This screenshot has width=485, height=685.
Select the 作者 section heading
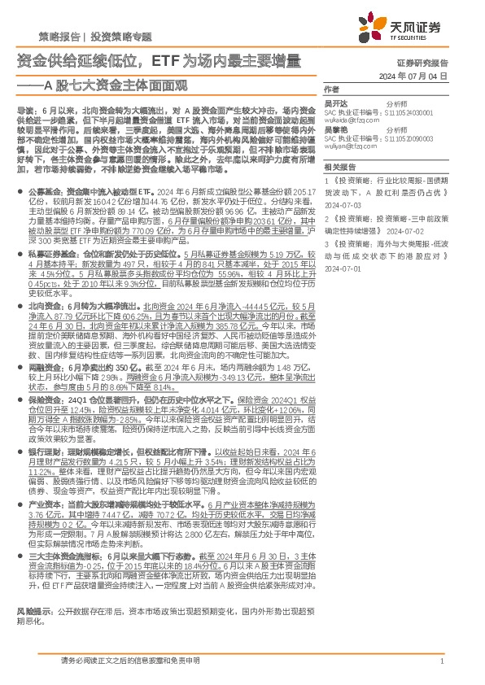(x=331, y=89)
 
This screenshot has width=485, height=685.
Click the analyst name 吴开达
(x=335, y=105)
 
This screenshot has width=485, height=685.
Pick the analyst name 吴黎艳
(x=335, y=130)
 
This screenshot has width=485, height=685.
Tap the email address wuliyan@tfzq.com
(x=348, y=146)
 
